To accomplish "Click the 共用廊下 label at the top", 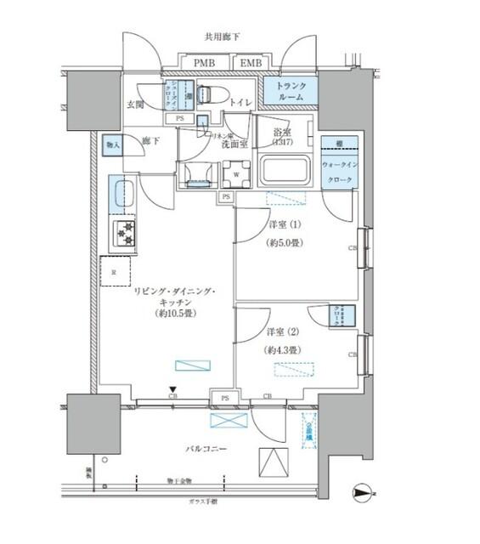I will [x=221, y=37].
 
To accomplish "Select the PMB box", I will [x=203, y=63].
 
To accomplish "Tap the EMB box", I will [x=250, y=63].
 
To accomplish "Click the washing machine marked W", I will [x=235, y=174].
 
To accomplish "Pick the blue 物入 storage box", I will [x=111, y=145].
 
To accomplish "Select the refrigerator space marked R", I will [x=115, y=272].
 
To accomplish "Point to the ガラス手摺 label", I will [x=204, y=501].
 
